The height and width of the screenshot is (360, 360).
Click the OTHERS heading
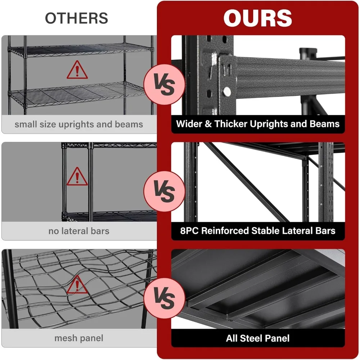click(x=76, y=18)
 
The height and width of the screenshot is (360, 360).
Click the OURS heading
click(x=258, y=18)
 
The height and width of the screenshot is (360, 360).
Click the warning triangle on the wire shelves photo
click(x=77, y=70)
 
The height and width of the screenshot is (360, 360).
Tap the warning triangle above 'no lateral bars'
click(x=77, y=176)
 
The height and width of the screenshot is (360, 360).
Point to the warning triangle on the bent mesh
click(x=77, y=285)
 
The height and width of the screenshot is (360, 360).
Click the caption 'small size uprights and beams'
click(x=78, y=125)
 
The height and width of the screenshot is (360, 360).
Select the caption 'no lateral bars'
click(x=78, y=231)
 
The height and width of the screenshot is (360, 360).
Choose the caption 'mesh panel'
click(x=78, y=338)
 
